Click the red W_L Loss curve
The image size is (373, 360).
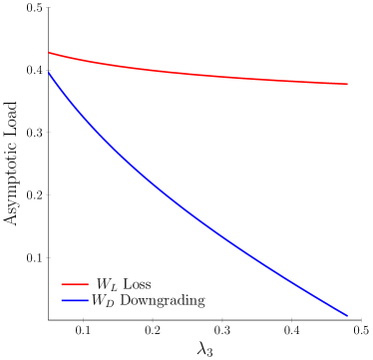coord(199,75)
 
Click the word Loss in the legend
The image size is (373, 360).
coord(137,285)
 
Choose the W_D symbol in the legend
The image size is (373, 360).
coord(104,301)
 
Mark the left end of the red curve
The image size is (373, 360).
coord(49,53)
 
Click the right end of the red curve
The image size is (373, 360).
coord(347,84)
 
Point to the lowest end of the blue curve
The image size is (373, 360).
coord(347,315)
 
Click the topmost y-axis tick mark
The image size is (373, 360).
coord(49,7)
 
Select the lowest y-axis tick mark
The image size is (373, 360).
coord(49,256)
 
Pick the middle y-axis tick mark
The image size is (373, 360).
coord(49,132)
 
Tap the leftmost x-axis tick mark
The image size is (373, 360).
coord(84,320)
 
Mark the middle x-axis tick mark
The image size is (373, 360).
coord(222,320)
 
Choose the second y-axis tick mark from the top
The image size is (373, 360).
coord(49,70)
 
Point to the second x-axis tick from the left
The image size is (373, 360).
coord(153,320)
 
